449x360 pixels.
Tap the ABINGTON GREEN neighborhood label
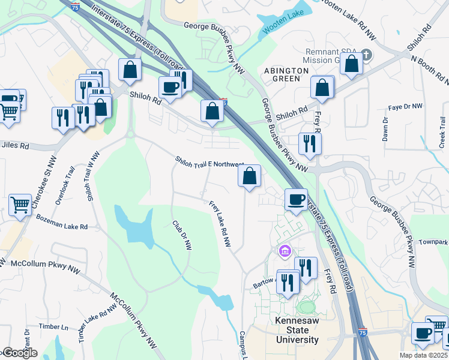tap(286, 74)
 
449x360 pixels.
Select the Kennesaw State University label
tap(297, 331)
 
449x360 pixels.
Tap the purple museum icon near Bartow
tap(285, 250)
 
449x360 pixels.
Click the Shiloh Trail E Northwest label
tap(209, 162)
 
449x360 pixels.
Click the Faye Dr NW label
tap(405, 106)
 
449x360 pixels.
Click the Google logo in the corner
tap(19, 353)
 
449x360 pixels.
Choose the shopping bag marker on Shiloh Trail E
tap(250, 176)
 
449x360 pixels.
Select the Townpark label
tap(433, 242)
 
